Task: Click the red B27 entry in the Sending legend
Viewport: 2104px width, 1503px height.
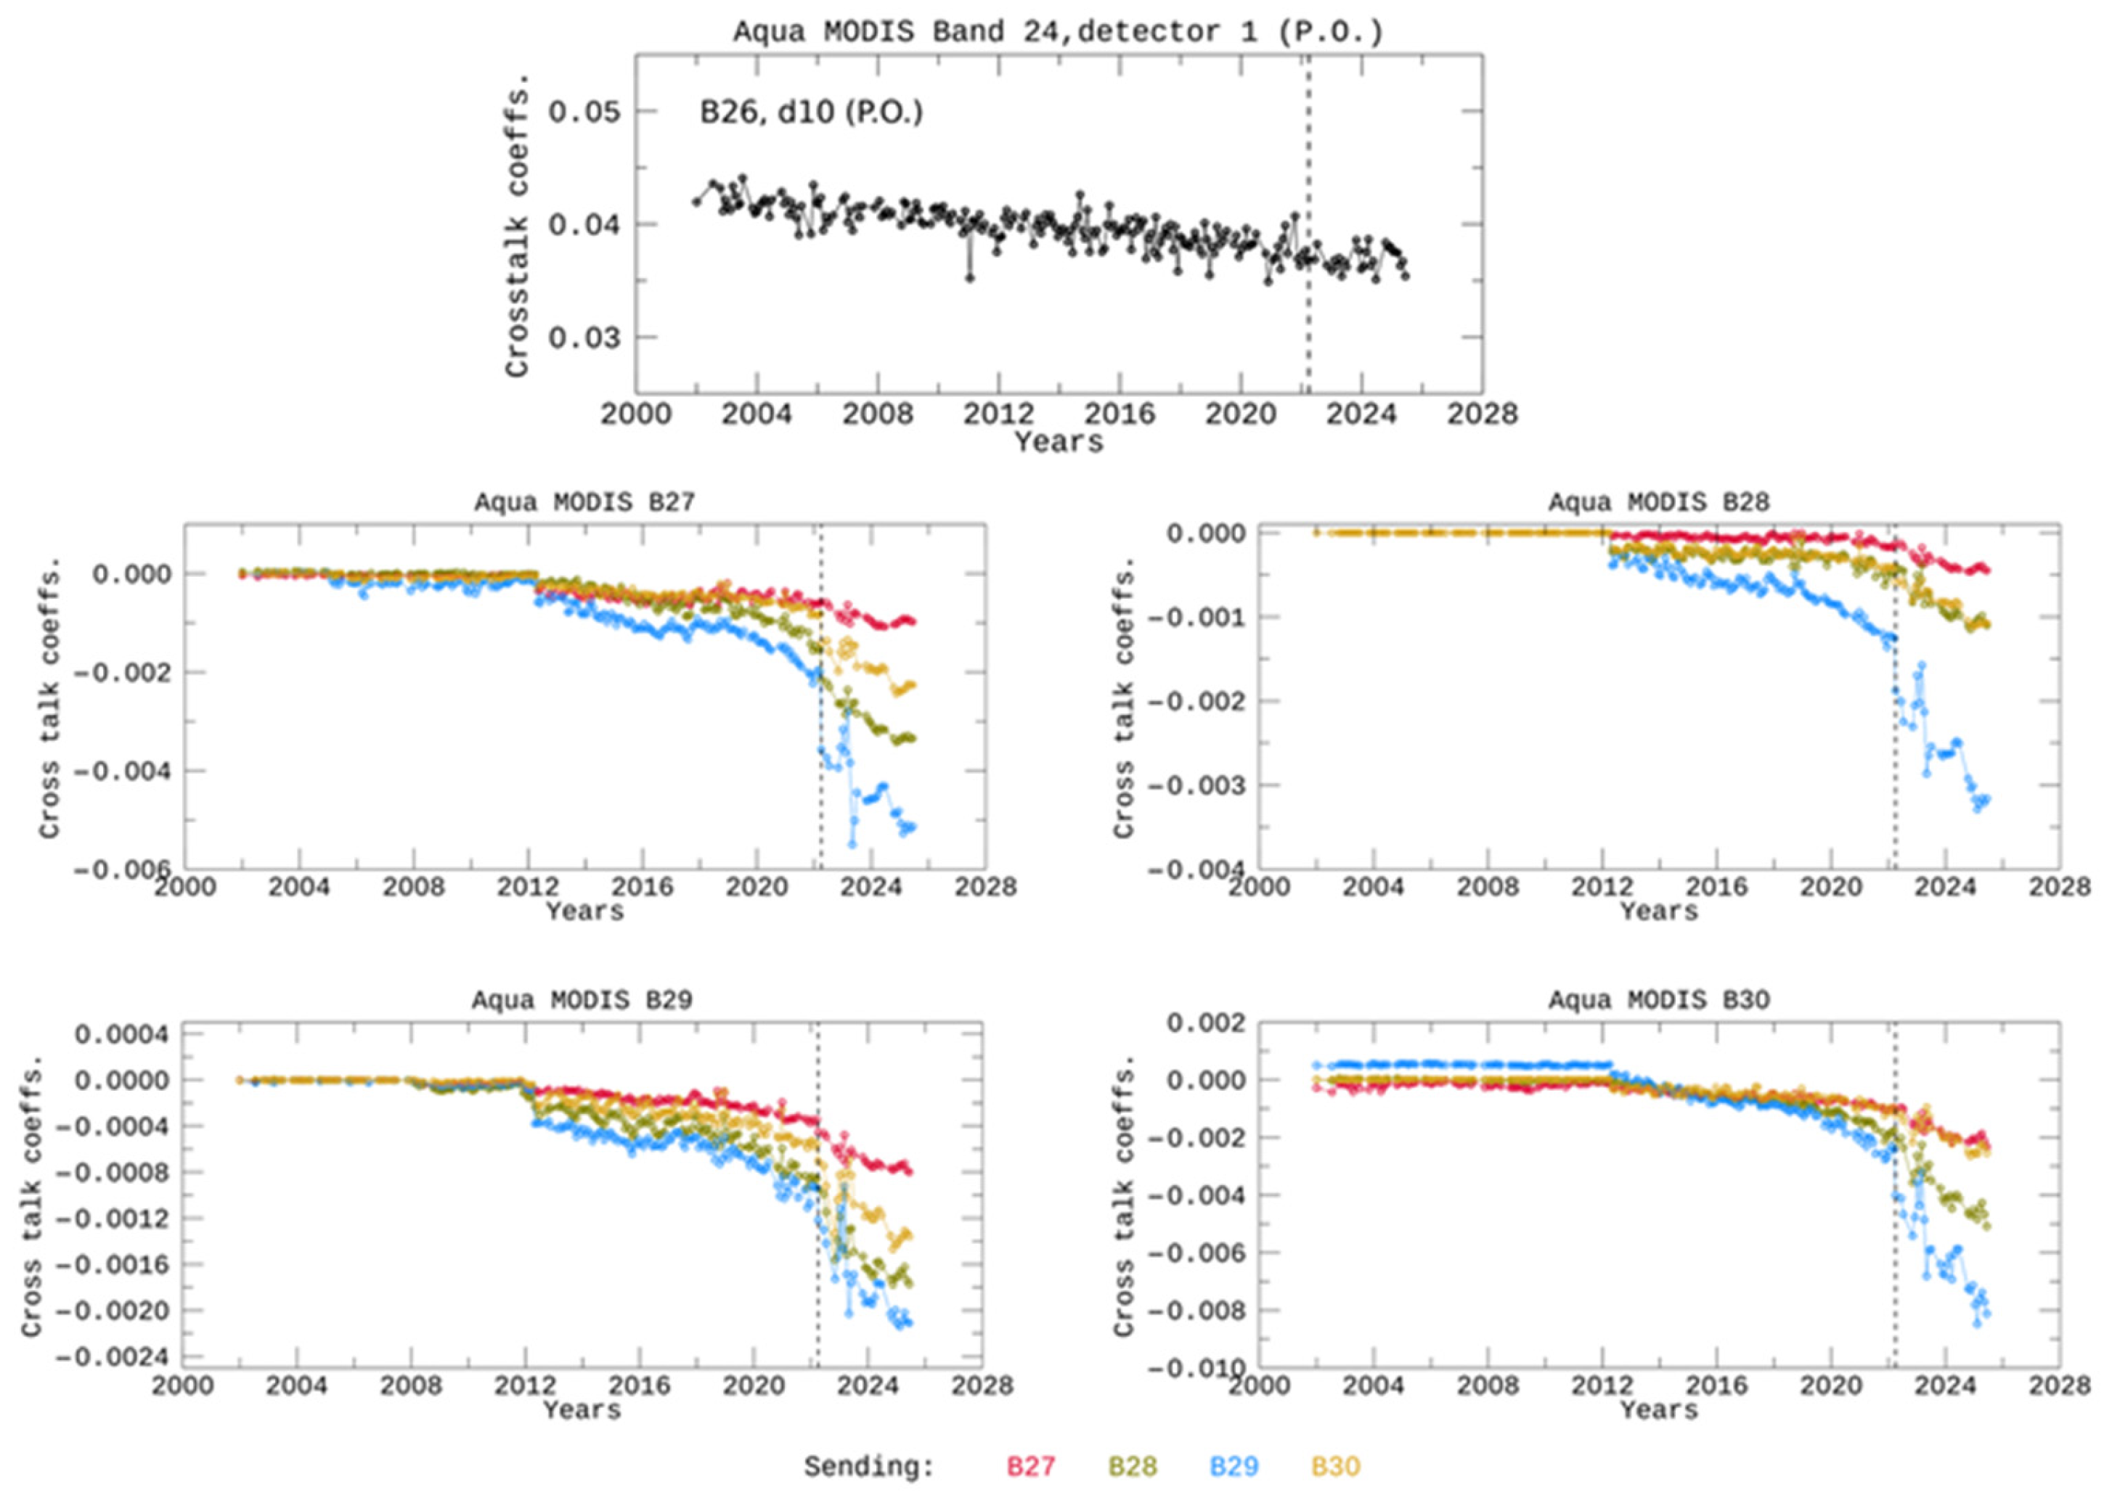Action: [1030, 1466]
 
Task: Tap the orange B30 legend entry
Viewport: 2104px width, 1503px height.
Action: [1335, 1466]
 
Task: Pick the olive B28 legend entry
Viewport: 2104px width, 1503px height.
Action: [1132, 1466]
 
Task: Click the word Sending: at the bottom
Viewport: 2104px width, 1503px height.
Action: [868, 1466]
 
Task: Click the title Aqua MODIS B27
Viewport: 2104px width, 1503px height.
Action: [584, 502]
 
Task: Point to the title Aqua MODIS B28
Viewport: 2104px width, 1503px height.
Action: [1659, 502]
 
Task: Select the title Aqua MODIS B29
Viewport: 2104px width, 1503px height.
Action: [582, 1001]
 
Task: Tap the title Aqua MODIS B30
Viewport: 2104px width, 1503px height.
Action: [1659, 1001]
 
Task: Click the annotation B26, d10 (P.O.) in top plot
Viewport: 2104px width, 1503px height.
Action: [811, 113]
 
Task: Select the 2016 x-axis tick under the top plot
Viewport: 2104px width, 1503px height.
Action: [1119, 414]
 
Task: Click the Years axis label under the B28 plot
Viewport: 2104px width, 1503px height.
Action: [1659, 912]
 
